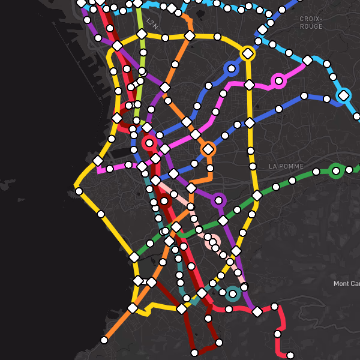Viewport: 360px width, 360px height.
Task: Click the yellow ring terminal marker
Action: click(x=247, y=53)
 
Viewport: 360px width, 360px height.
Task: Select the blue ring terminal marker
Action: click(x=231, y=68)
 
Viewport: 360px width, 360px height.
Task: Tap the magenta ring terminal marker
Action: click(x=278, y=80)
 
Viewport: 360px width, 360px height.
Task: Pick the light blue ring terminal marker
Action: click(x=343, y=95)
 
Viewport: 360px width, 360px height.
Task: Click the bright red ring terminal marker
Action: click(x=149, y=143)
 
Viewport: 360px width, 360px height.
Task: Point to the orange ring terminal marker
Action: click(x=208, y=149)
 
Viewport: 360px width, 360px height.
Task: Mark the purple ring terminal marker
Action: click(x=218, y=200)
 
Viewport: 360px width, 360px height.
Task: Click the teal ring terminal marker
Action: click(x=233, y=293)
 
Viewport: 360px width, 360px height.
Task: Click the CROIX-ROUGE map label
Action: click(x=311, y=23)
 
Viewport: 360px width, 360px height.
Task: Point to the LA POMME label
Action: click(x=286, y=166)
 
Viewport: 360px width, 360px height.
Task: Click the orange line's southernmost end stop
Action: click(x=104, y=340)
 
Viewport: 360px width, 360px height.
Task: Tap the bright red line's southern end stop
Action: click(x=290, y=355)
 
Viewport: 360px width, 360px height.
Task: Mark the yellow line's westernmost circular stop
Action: click(x=79, y=191)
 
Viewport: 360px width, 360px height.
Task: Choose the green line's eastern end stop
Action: click(x=349, y=170)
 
